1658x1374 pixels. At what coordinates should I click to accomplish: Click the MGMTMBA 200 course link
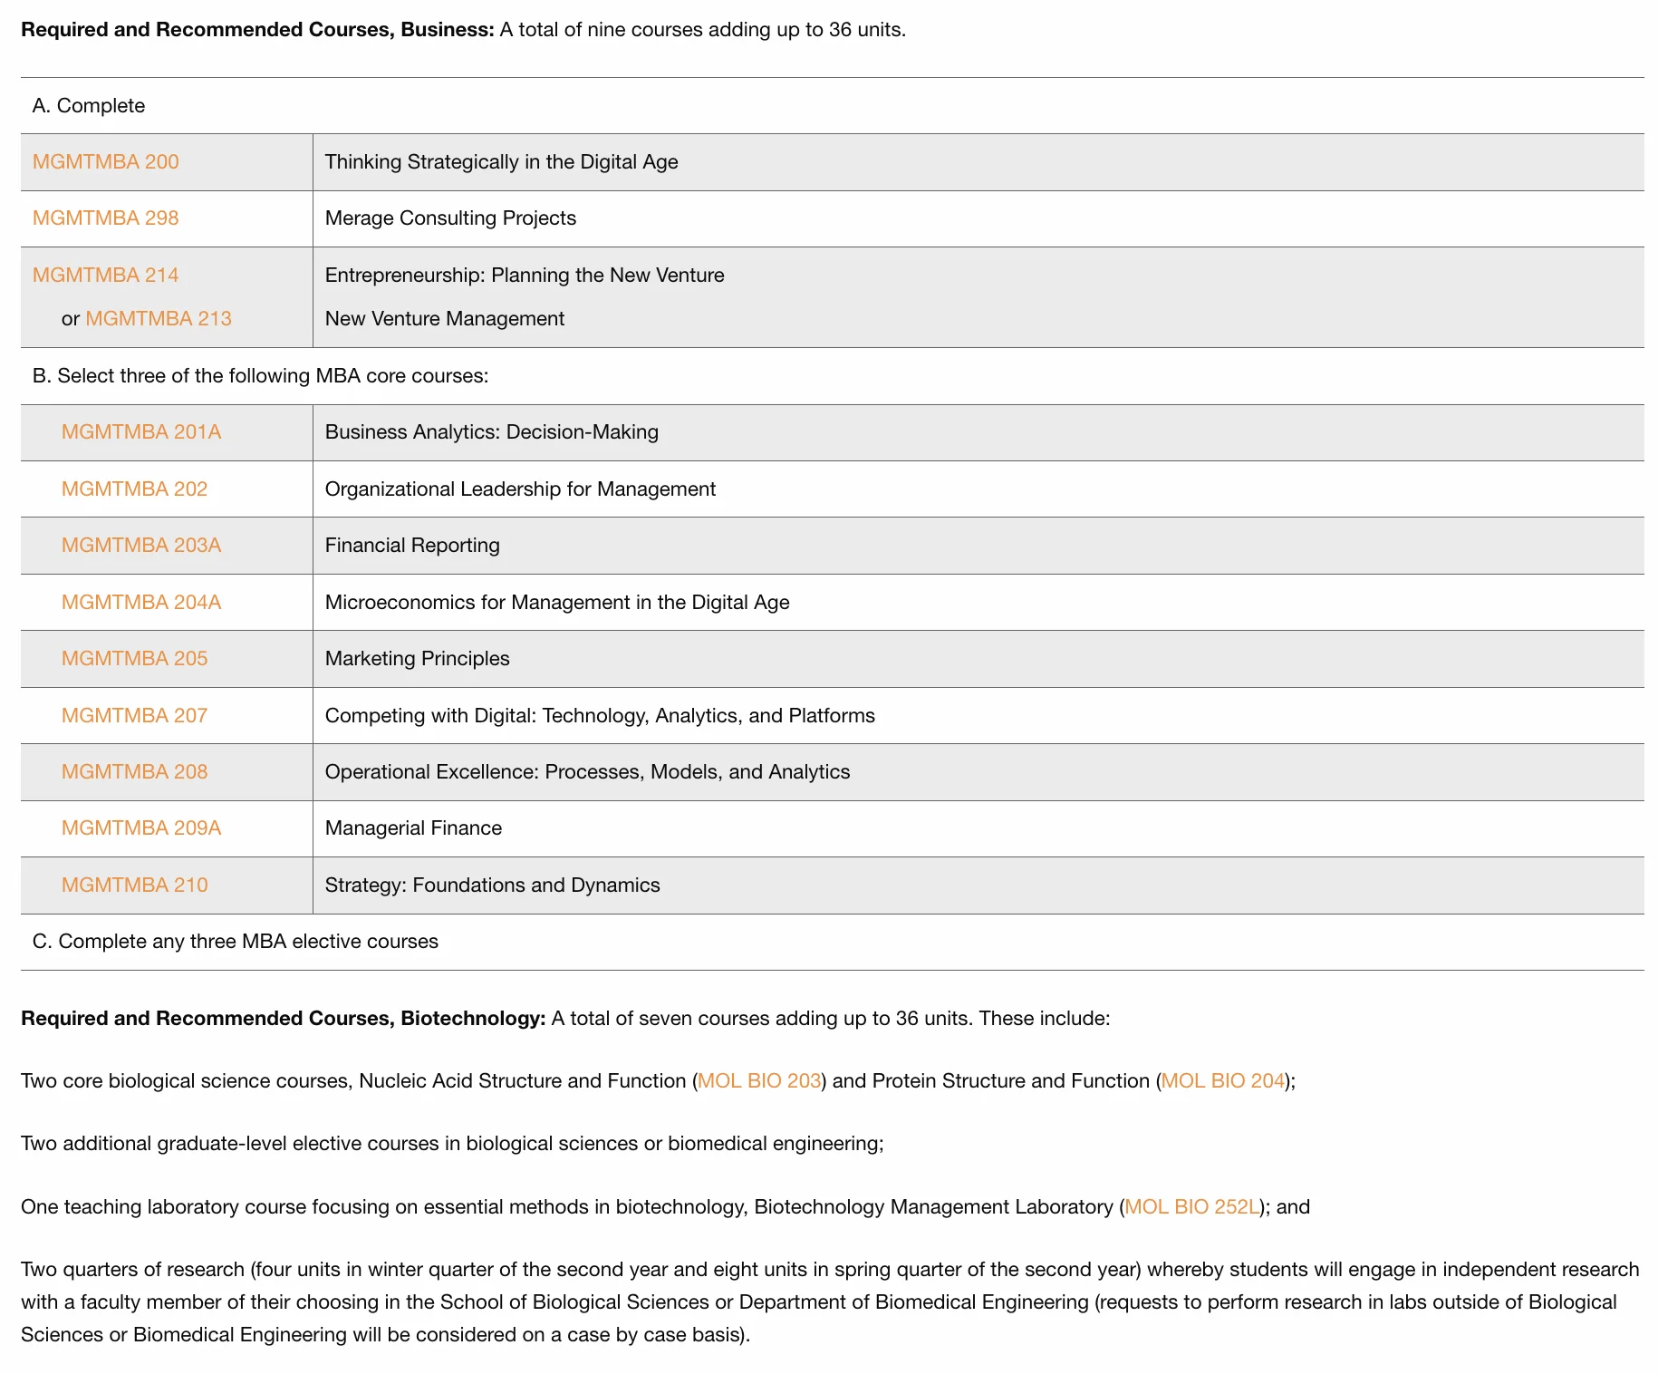(x=105, y=162)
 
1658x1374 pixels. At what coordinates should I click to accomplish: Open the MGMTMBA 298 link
(x=105, y=218)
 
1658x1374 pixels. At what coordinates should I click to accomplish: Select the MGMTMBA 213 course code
(x=159, y=319)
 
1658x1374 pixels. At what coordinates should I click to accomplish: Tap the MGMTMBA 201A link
(x=141, y=432)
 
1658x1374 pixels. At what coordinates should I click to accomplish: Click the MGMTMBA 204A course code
(x=141, y=603)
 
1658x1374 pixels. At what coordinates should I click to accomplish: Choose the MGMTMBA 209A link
(x=141, y=828)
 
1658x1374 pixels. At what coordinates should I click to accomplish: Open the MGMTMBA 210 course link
(x=134, y=885)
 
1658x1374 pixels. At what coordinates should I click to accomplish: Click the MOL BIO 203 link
(x=759, y=1081)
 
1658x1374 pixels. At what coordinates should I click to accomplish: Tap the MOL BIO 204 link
(x=1223, y=1081)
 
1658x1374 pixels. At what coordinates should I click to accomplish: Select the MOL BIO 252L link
(x=1191, y=1207)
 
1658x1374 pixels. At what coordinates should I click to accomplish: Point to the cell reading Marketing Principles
(x=417, y=659)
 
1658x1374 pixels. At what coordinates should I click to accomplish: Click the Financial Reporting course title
(x=412, y=546)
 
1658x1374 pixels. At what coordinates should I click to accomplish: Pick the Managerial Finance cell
(x=413, y=828)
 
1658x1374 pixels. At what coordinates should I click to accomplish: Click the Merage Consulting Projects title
(x=450, y=218)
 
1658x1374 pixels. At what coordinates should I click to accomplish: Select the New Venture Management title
(x=444, y=319)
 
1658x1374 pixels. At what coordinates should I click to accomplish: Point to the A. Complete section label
(x=89, y=106)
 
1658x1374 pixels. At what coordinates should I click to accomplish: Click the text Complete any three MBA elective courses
(x=236, y=942)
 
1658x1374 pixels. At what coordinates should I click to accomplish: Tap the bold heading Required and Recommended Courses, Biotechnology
(x=283, y=1019)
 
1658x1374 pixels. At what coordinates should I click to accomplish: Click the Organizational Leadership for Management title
(x=520, y=489)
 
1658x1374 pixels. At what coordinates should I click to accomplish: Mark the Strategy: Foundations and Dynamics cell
(x=492, y=885)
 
